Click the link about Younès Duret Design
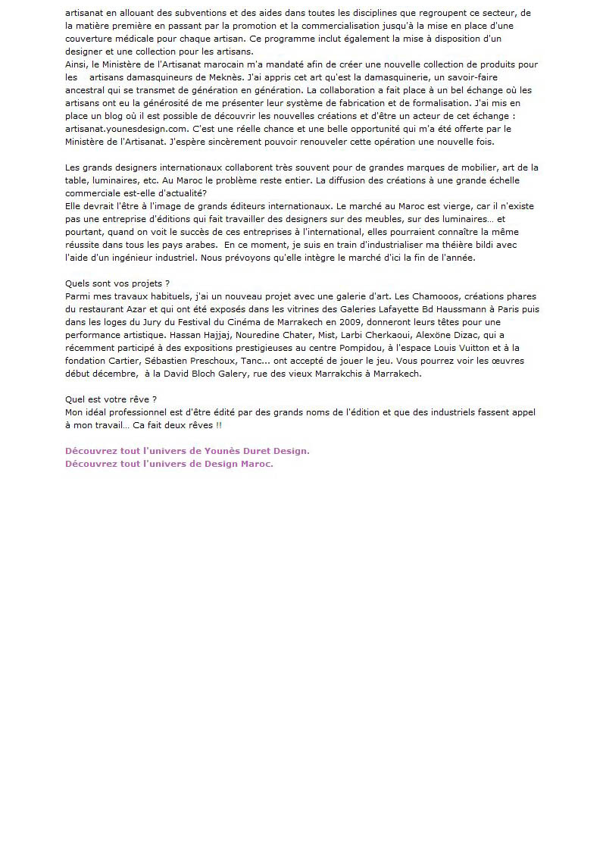point(187,451)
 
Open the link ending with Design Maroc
point(169,464)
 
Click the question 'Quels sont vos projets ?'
point(117,283)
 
